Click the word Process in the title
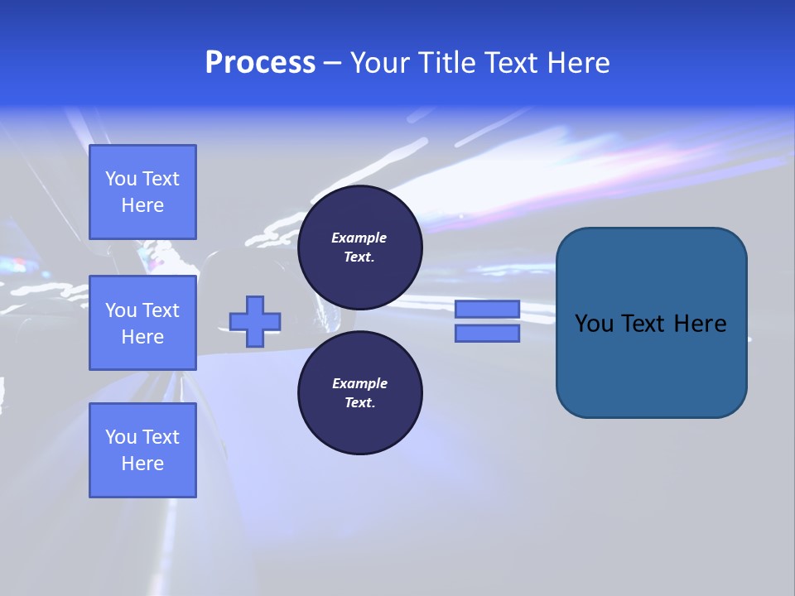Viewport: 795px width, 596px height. [x=260, y=63]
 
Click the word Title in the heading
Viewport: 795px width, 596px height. [x=445, y=63]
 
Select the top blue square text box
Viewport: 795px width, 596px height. [x=142, y=192]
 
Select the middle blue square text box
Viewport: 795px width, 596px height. [x=142, y=323]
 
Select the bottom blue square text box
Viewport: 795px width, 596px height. [x=142, y=450]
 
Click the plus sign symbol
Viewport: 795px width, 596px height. [x=255, y=321]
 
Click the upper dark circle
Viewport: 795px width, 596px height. [x=359, y=248]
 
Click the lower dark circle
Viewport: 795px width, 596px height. [x=359, y=393]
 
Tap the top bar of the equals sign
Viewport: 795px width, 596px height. [x=487, y=310]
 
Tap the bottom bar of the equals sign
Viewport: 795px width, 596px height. [x=487, y=333]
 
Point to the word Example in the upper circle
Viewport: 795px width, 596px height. [x=359, y=238]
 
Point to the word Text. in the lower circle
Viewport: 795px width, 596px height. [x=359, y=402]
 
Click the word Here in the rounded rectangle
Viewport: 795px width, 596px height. [x=700, y=324]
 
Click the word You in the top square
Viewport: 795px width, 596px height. [x=121, y=179]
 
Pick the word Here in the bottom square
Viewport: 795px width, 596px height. [x=142, y=464]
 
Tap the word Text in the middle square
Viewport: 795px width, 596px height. [x=161, y=310]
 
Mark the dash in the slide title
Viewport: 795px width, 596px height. [x=332, y=64]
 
